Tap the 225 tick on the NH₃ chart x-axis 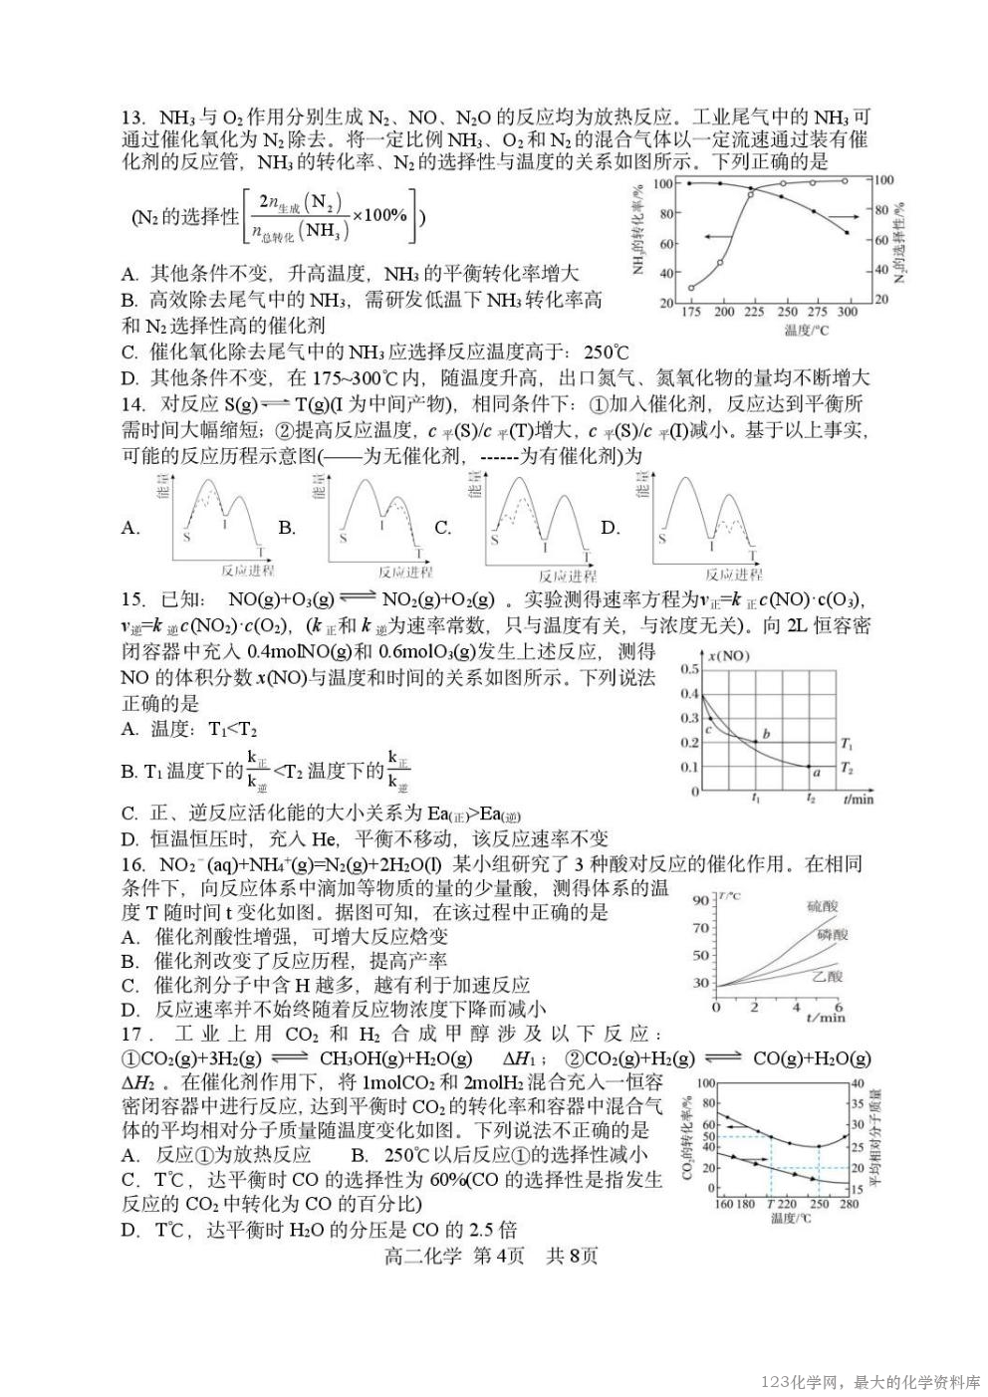tap(754, 312)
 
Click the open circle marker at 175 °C tap(690, 288)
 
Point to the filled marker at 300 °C tap(847, 232)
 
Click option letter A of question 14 tap(130, 528)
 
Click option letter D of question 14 tap(610, 528)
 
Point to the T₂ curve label tap(847, 768)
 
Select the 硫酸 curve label tap(823, 906)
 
